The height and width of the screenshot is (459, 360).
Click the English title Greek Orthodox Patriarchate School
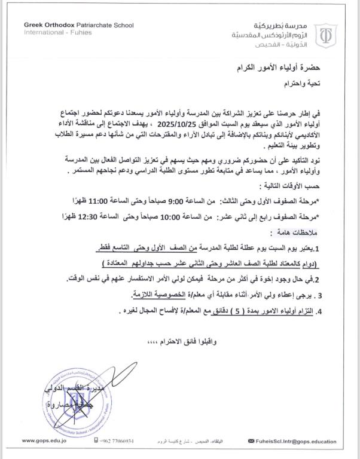click(78, 25)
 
